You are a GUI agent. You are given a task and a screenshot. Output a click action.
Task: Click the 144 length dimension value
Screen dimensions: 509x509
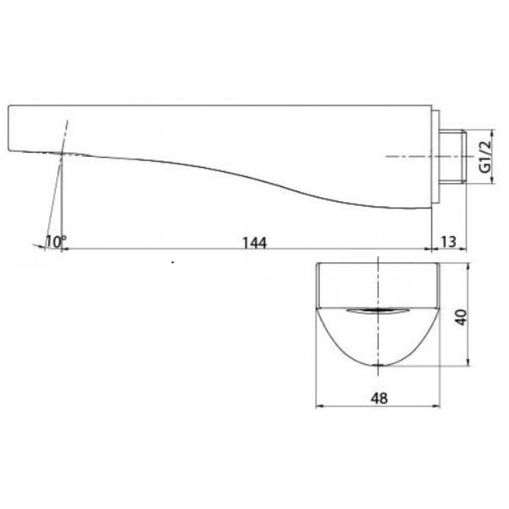(x=254, y=241)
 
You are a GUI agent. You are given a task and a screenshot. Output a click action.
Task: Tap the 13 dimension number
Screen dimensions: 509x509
(x=448, y=241)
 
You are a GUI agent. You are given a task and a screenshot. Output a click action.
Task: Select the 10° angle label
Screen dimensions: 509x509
(x=56, y=241)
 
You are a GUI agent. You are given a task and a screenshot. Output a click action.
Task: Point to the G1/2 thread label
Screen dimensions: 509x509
(x=484, y=158)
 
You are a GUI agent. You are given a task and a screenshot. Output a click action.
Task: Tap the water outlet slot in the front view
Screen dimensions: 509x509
(x=378, y=312)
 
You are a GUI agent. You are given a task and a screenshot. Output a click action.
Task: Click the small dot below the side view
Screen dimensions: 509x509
(x=173, y=263)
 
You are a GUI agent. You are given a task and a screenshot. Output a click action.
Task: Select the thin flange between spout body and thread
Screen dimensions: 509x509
(x=435, y=158)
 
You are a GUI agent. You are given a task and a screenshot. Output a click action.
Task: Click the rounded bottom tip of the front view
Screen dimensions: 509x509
(x=378, y=364)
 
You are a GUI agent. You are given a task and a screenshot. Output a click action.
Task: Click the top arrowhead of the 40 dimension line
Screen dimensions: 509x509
(x=468, y=267)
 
